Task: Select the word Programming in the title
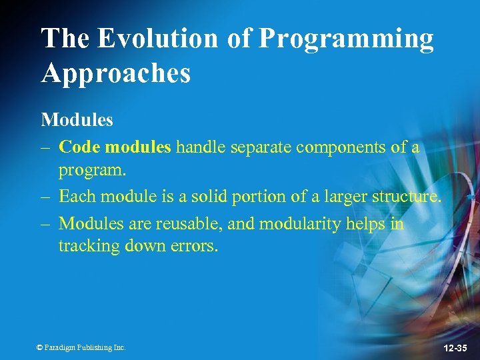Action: click(345, 39)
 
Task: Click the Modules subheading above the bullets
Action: click(77, 120)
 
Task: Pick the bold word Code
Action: click(80, 147)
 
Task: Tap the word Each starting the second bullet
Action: click(75, 196)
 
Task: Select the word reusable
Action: click(195, 223)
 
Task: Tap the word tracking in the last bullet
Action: click(84, 246)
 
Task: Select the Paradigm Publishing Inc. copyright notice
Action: click(81, 347)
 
